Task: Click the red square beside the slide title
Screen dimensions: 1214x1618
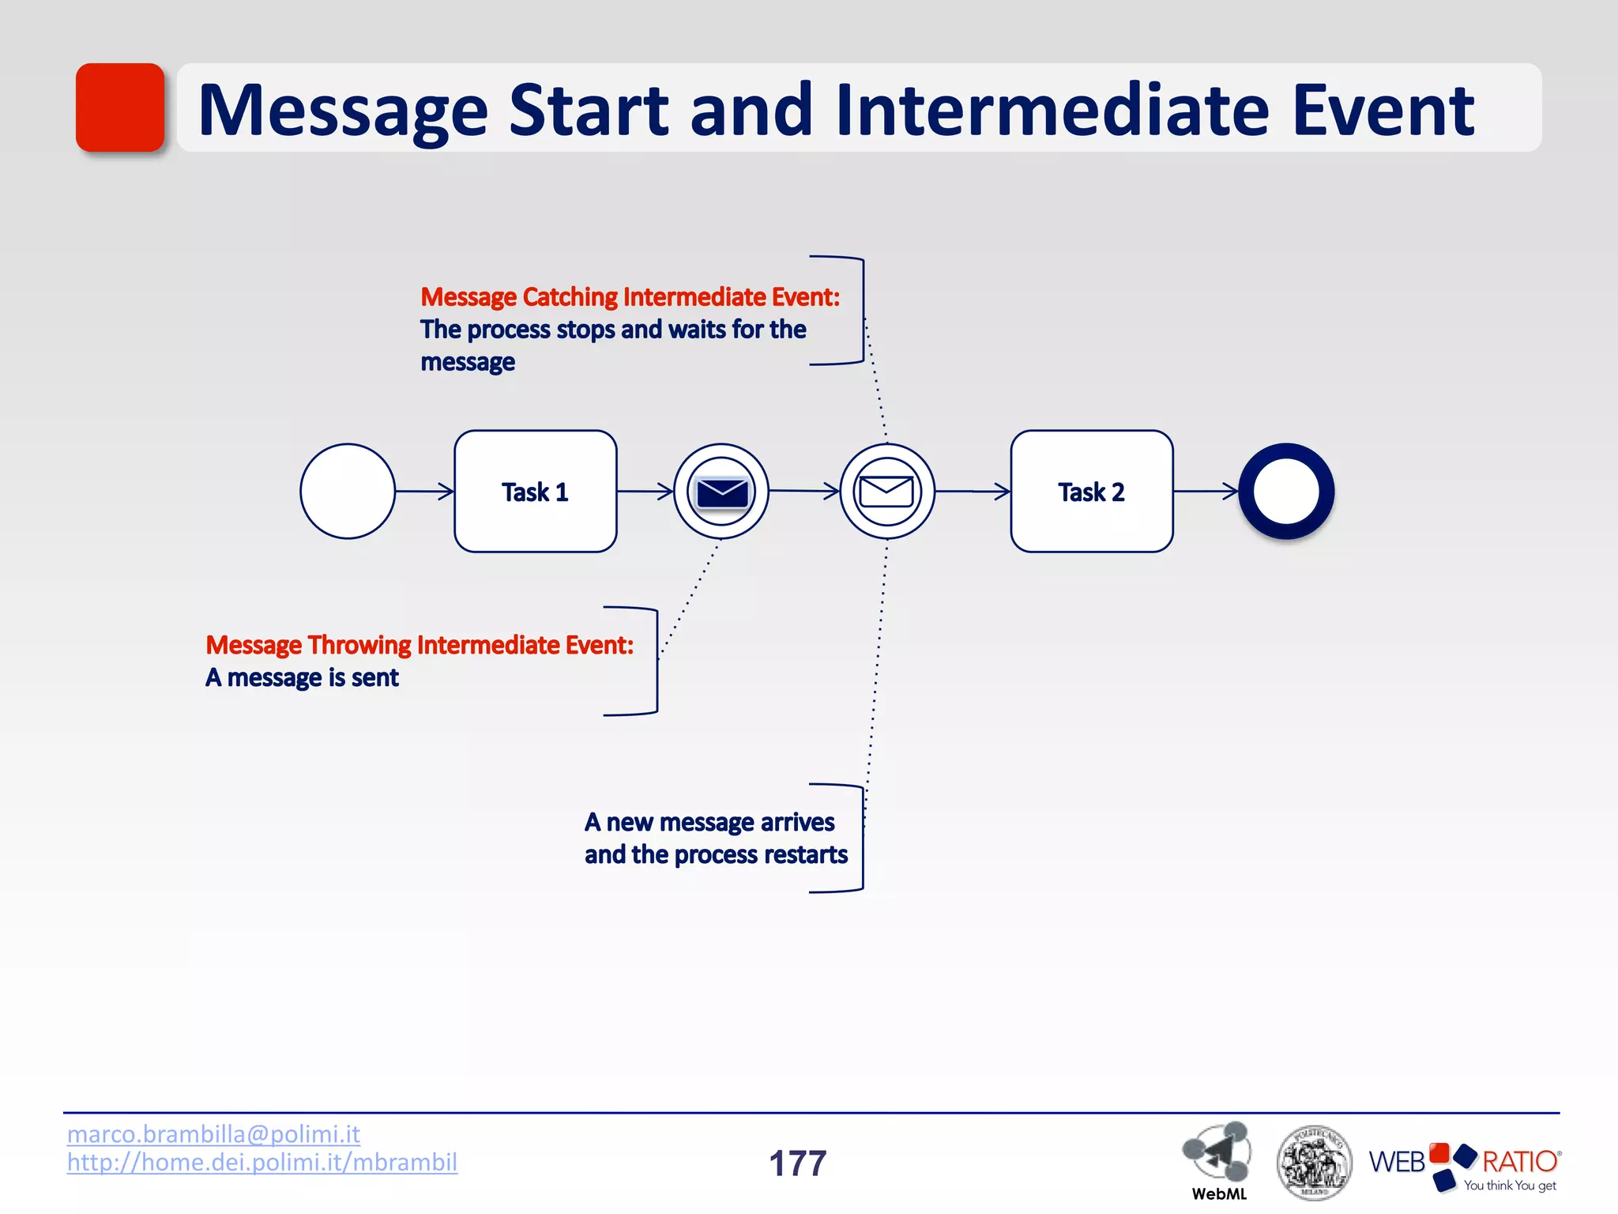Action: (119, 107)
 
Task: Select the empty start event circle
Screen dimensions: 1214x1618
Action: (347, 491)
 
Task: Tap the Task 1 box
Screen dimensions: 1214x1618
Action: (535, 491)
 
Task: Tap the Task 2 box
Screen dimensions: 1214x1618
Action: (1091, 491)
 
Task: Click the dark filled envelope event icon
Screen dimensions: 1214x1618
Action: (721, 492)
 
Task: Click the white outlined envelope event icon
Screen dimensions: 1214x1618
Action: (886, 492)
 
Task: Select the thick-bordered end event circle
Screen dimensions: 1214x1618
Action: (1285, 491)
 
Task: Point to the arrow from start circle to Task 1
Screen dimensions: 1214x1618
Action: (424, 491)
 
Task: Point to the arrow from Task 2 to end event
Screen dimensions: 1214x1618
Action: (1206, 491)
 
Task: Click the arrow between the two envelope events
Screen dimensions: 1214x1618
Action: (803, 491)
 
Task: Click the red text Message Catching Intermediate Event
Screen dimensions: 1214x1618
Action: (630, 297)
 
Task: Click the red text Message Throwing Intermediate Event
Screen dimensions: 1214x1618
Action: (420, 645)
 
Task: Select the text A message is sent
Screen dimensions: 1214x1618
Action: (303, 677)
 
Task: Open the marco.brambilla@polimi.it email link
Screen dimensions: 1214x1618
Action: (213, 1134)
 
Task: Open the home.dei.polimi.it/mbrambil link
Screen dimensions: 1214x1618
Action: (262, 1162)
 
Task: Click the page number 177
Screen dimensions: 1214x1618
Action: (797, 1163)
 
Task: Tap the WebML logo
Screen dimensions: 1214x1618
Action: (1217, 1159)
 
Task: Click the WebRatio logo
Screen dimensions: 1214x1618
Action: (1464, 1164)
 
